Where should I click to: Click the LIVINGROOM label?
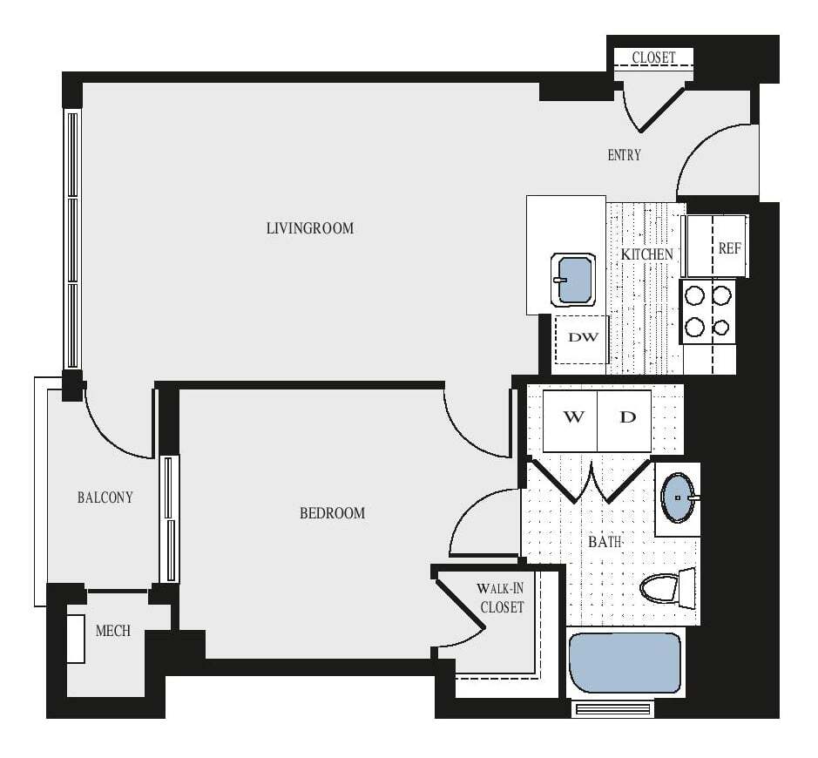tap(310, 228)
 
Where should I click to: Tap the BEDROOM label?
tap(332, 513)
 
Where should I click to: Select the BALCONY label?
tap(105, 497)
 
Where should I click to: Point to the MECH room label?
tap(113, 630)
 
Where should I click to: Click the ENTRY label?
tap(624, 155)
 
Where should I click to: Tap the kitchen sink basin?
tap(574, 280)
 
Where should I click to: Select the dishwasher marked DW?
tap(583, 337)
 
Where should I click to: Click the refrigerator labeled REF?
tap(729, 247)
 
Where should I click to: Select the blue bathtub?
tap(624, 662)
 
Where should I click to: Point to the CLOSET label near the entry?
tap(653, 58)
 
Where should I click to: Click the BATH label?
tap(605, 542)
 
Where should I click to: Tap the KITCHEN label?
tap(646, 254)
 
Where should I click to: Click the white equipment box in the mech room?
tap(76, 639)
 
